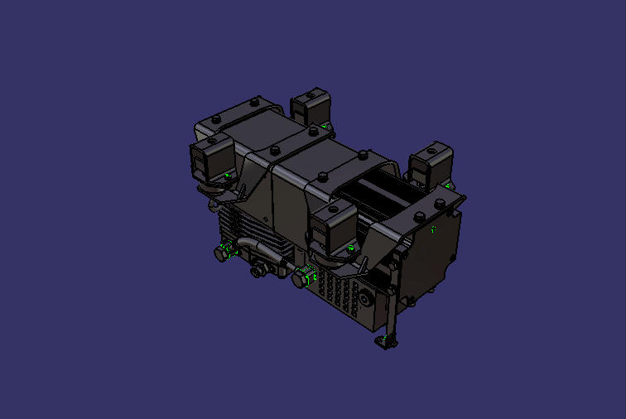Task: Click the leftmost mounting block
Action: click(x=210, y=160)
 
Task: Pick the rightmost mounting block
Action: click(x=432, y=164)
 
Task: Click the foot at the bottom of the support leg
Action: click(x=387, y=340)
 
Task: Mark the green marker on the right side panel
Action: click(x=431, y=229)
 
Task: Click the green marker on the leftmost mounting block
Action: click(x=228, y=176)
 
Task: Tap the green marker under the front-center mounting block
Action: click(x=350, y=247)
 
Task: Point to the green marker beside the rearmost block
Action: click(x=325, y=126)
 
